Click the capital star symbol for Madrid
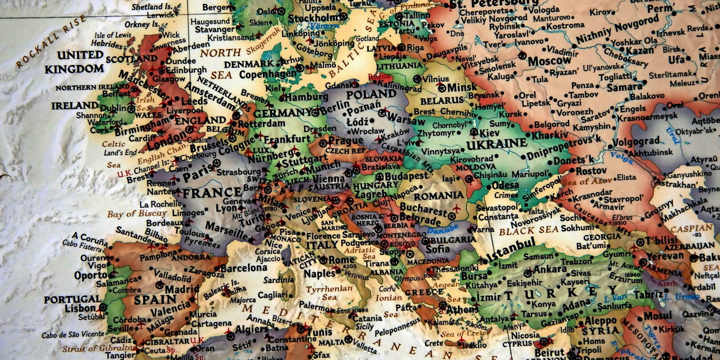(159, 285)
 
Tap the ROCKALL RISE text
(50, 41)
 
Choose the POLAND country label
(371, 95)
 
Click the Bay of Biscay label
(137, 214)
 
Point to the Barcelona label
(243, 268)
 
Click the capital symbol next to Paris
(217, 163)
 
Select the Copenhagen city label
(267, 74)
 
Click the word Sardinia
(279, 280)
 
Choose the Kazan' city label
(639, 51)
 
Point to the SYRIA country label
(600, 331)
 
